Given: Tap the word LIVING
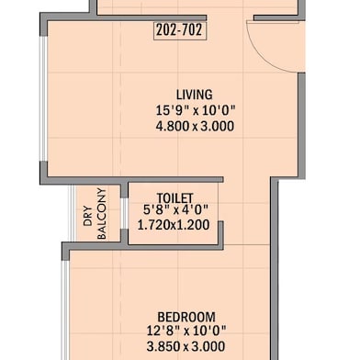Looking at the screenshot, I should click(x=194, y=95).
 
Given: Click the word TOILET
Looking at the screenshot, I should click(x=174, y=197).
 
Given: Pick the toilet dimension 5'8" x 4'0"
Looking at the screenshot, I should click(x=174, y=209).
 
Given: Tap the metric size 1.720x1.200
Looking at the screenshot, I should click(x=174, y=223).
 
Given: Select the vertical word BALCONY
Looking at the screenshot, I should click(x=101, y=214).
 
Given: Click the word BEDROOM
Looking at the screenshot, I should click(x=186, y=315).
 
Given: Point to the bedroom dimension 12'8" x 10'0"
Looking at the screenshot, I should click(x=186, y=331).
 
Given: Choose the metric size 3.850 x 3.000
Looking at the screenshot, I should click(x=186, y=347).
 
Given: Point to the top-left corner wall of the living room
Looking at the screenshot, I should click(x=44, y=20).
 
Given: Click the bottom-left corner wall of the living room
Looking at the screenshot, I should click(x=44, y=174).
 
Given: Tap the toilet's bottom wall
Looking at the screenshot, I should click(x=174, y=245).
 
